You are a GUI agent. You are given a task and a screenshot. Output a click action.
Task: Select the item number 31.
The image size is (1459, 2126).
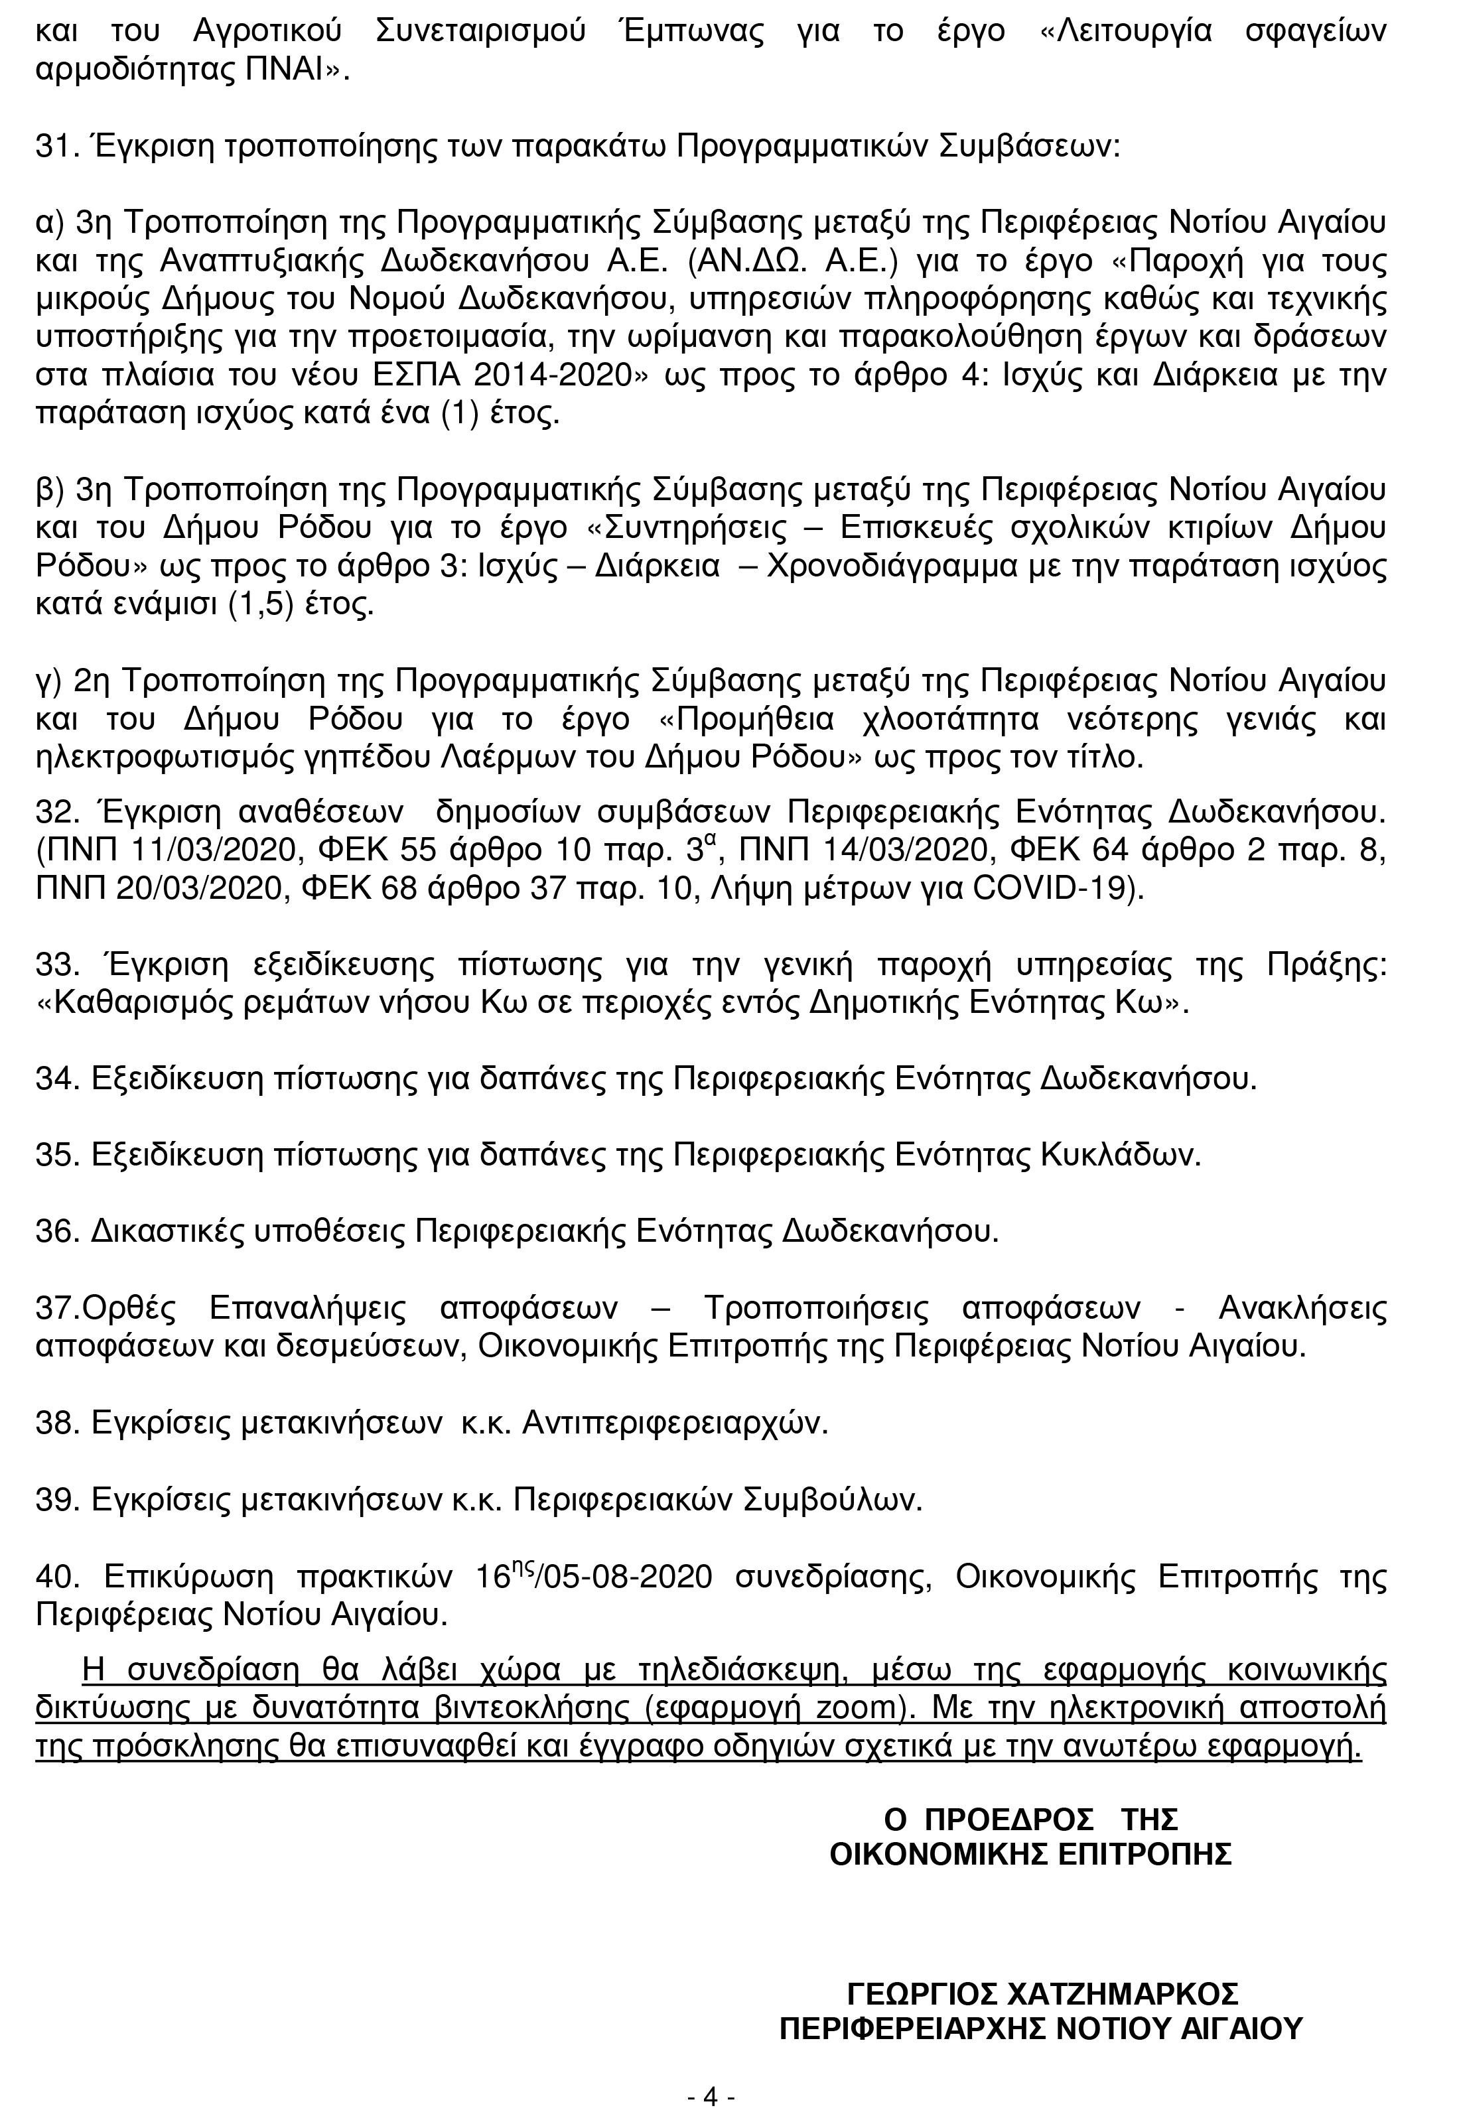(x=53, y=147)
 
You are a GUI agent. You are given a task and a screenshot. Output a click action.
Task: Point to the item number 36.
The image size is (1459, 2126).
(x=53, y=1232)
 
